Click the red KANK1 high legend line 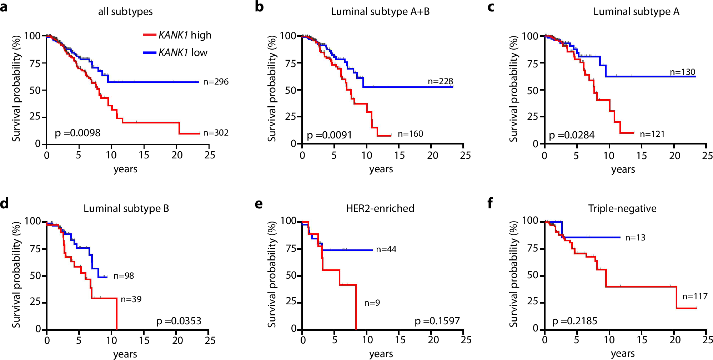click(149, 35)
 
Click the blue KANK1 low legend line click(149, 53)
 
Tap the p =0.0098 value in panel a click(77, 133)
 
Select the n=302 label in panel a click(216, 133)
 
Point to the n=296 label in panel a click(216, 82)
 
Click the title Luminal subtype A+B click(380, 12)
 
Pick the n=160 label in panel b click(410, 134)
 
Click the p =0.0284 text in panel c click(571, 135)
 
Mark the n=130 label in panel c click(682, 72)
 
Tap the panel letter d click(4, 203)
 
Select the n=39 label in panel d click(131, 299)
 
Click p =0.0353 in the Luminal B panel click(179, 321)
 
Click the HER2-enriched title click(380, 208)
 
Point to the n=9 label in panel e click(372, 303)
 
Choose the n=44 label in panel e click(386, 249)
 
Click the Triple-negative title click(622, 208)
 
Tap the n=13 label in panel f click(635, 238)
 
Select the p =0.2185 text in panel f click(574, 321)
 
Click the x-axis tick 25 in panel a click(210, 155)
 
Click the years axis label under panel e click(381, 354)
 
